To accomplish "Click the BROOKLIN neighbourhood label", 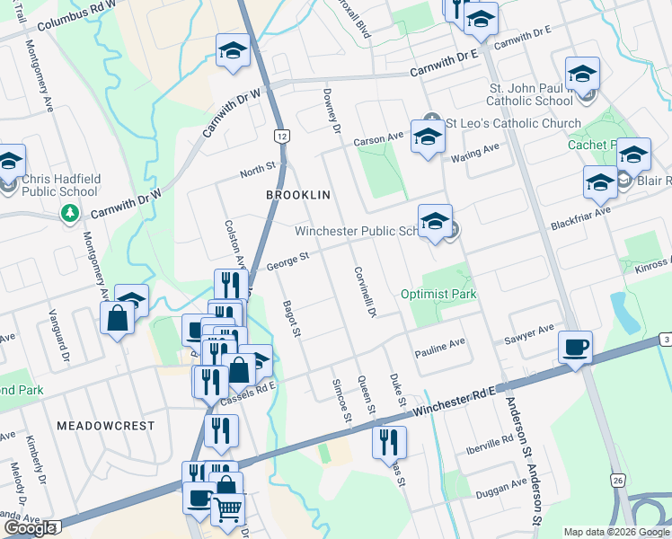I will (x=299, y=194).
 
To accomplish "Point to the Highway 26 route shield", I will (x=617, y=482).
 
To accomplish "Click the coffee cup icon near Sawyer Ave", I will (x=575, y=346).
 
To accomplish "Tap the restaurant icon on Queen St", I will (x=389, y=441).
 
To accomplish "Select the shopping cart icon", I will (x=227, y=509).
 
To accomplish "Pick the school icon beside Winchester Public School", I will (x=435, y=220).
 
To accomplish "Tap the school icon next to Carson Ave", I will (x=428, y=137).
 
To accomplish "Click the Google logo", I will (x=30, y=528).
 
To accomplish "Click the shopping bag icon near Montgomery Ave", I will (x=117, y=318).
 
